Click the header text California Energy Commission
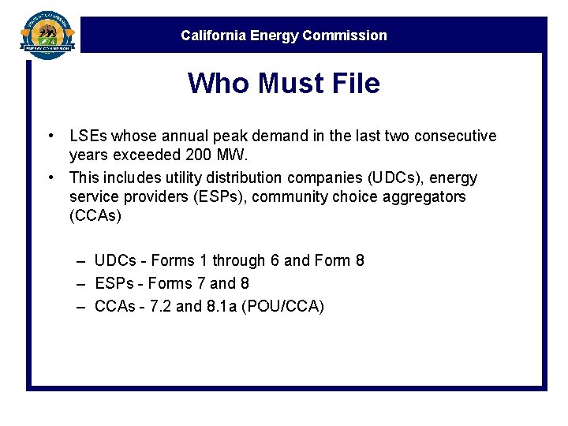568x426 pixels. (284, 35)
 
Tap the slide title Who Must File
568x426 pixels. (284, 83)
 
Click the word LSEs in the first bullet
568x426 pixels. (88, 136)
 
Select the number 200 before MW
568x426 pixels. (215, 154)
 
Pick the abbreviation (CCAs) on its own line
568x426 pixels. (95, 215)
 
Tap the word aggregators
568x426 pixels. (427, 196)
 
